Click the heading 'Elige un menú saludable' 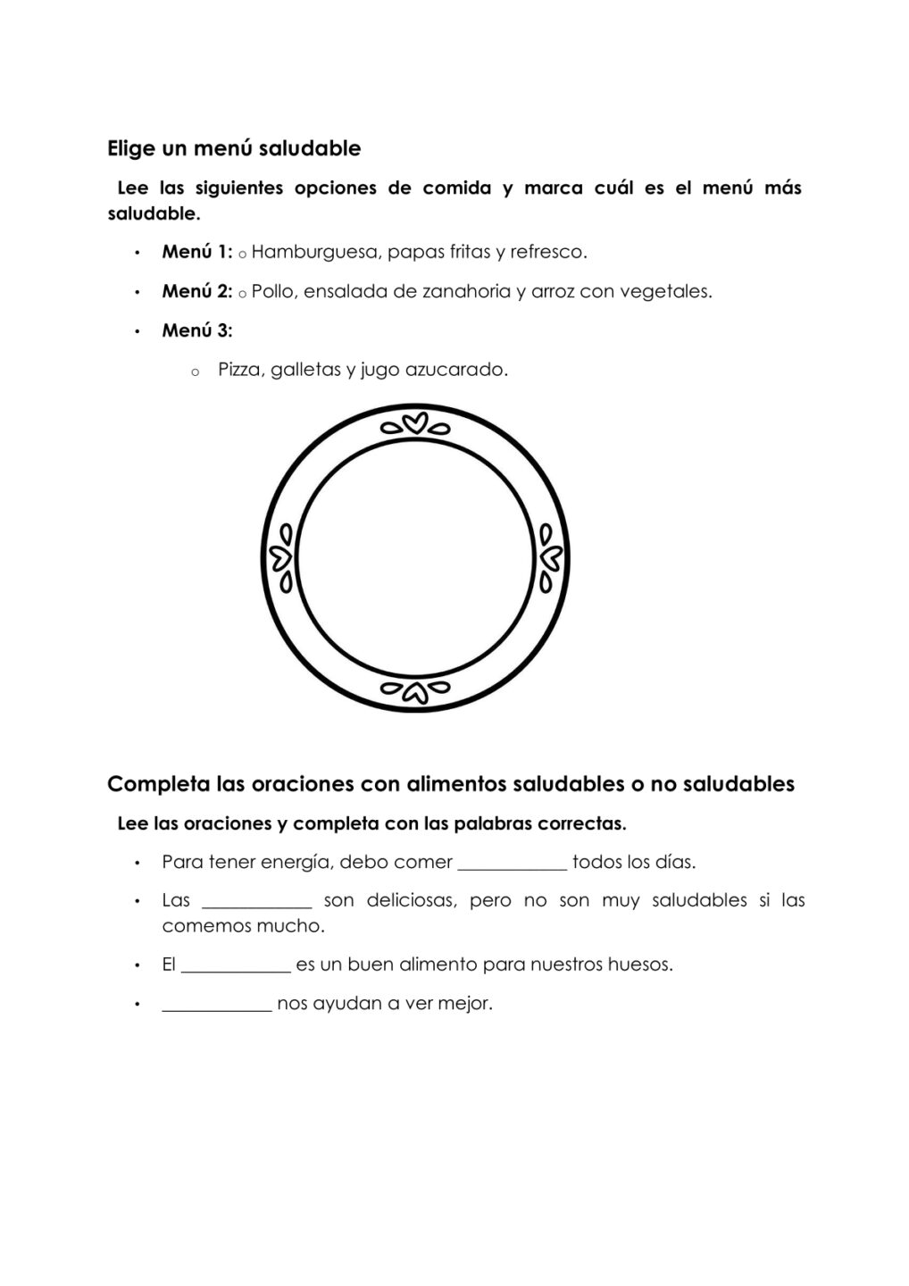coord(234,148)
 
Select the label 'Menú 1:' coord(196,252)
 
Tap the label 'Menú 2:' coord(196,291)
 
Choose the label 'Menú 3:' coord(196,330)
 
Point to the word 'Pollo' coord(272,291)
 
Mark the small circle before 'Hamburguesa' coord(242,255)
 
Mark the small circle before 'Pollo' coord(242,294)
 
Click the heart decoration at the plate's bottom coord(415,689)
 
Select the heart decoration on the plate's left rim coord(283,558)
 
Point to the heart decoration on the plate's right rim coord(548,558)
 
